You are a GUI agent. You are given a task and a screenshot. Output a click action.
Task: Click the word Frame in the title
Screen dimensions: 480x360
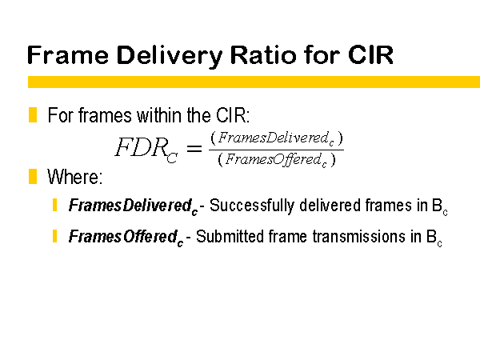click(68, 54)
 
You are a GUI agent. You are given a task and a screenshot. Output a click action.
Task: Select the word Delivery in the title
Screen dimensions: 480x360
click(170, 57)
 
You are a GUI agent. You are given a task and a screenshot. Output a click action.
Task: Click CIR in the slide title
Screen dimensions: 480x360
click(370, 54)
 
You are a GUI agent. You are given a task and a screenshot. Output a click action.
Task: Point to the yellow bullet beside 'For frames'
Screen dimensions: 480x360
click(33, 115)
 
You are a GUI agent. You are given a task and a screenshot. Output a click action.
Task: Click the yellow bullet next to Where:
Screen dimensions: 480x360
click(33, 176)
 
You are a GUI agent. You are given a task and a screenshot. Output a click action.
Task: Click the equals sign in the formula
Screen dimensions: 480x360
click(194, 149)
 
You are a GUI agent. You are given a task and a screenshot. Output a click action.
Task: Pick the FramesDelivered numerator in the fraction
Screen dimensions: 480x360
click(277, 138)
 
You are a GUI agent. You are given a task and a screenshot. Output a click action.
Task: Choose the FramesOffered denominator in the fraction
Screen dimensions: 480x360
click(277, 159)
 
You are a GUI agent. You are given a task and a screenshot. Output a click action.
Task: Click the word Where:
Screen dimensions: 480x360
click(74, 177)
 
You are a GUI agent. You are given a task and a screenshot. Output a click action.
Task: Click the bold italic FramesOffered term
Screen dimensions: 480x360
click(126, 237)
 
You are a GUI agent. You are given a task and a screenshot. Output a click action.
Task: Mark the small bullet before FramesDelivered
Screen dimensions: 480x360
click(54, 205)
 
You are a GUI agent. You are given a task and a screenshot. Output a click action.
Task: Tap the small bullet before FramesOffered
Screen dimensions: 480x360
click(54, 236)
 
